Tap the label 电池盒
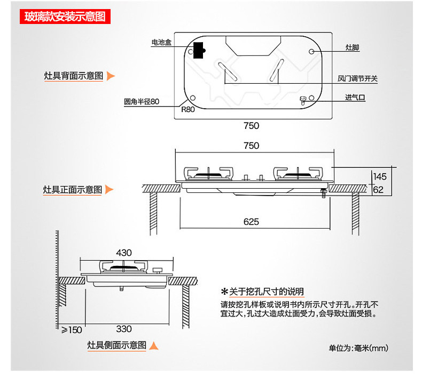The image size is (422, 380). tap(161, 43)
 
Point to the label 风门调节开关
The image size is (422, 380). tap(357, 79)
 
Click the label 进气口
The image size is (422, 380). tap(355, 98)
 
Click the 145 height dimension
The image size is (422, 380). tap(380, 176)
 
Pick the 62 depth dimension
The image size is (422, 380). tap(378, 189)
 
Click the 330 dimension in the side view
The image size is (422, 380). tap(123, 329)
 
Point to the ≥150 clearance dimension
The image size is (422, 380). tap(72, 330)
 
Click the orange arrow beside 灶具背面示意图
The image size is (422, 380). tap(111, 76)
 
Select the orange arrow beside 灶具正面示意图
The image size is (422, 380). tap(110, 189)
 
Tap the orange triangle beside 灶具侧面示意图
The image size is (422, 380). tap(154, 345)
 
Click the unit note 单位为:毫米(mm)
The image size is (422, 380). tap(358, 348)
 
